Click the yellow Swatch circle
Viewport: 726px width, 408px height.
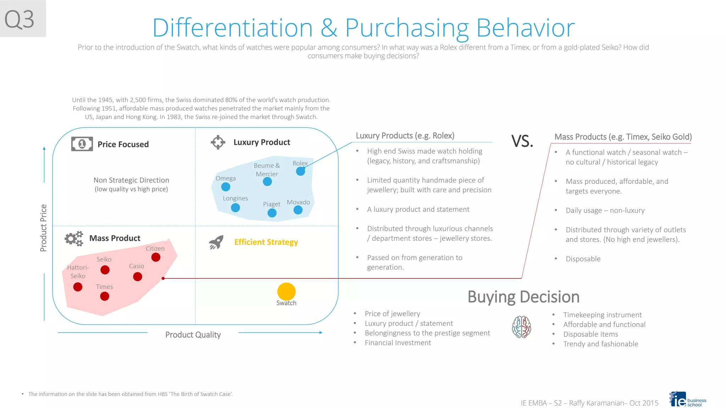[x=286, y=291]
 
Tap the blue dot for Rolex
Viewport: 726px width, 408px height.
[x=300, y=171]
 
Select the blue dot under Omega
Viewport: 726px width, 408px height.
[x=225, y=187]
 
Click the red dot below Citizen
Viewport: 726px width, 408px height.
[x=156, y=257]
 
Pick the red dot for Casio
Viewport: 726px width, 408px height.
[x=138, y=277]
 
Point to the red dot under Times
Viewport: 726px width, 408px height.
[x=105, y=296]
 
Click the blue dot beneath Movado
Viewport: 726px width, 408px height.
[x=298, y=210]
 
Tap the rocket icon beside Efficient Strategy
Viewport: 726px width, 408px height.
[x=216, y=242]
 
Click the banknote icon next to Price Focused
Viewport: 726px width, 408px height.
[x=82, y=144]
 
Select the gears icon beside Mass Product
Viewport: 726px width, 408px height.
[x=74, y=238]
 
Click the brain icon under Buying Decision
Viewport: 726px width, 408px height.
[x=521, y=327]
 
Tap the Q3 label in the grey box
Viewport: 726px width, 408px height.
[x=19, y=19]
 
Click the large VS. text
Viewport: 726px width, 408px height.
[x=522, y=141]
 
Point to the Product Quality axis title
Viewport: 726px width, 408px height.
[x=193, y=335]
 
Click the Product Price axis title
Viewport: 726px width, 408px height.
[x=43, y=228]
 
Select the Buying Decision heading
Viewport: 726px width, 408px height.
[x=523, y=297]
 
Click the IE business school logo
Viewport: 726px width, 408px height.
[x=687, y=399]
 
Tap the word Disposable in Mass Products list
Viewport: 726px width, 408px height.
[x=583, y=259]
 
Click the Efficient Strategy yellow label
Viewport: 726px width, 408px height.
[x=266, y=242]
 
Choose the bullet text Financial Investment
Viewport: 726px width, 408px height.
[x=398, y=343]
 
